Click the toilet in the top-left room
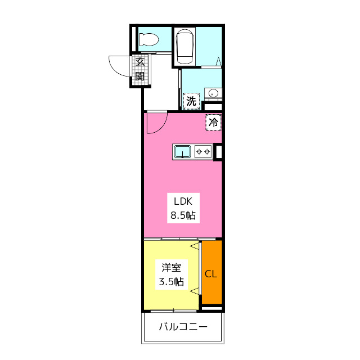[149, 39]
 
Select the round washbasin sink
[213, 93]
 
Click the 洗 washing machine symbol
[192, 102]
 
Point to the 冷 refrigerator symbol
[214, 121]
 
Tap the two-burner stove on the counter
[202, 151]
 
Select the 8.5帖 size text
[183, 215]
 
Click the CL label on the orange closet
[211, 274]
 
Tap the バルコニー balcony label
[183, 327]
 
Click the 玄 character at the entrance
[140, 63]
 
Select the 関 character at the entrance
[140, 76]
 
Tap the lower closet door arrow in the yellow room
[195, 291]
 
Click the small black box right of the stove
[218, 151]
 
